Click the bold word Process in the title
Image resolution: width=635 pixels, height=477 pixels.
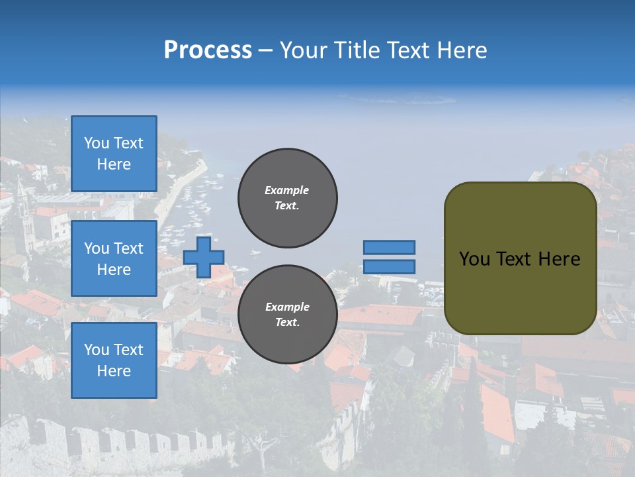(x=208, y=50)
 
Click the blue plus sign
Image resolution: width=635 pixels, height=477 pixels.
(x=204, y=258)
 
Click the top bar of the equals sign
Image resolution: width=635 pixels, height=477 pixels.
(x=389, y=247)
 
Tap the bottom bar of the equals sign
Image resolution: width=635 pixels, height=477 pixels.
(x=389, y=266)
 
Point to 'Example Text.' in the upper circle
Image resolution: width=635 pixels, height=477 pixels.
(x=287, y=198)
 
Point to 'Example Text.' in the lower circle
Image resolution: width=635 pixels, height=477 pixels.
(x=287, y=315)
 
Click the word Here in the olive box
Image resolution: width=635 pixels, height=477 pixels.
(x=560, y=259)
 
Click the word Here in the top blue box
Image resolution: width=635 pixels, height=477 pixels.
(x=114, y=164)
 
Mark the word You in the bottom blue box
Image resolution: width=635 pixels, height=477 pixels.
(x=97, y=350)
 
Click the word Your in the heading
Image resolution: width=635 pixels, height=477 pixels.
(x=304, y=50)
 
